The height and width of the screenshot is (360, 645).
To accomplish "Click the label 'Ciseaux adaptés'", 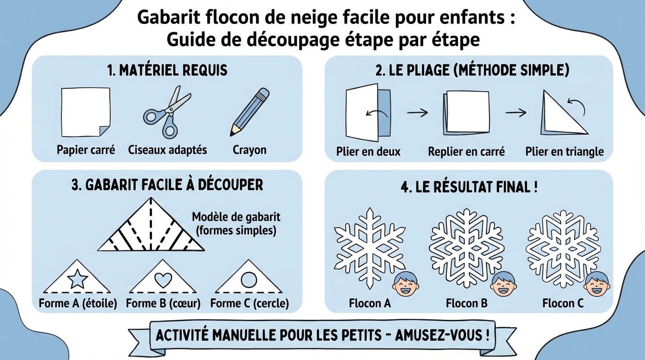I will (x=167, y=150).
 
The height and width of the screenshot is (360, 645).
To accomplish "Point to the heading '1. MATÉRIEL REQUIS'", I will (x=167, y=70).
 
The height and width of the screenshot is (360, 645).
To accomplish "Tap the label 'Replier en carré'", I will (x=466, y=151).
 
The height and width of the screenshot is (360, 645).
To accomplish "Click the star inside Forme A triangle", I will (x=77, y=280).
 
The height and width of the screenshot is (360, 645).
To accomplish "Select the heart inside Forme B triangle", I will (x=163, y=280).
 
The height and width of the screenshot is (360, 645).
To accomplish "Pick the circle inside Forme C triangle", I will (x=249, y=280).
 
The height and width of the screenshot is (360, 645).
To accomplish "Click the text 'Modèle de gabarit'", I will (x=236, y=217).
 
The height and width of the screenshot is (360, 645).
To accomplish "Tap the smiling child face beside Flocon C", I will (x=597, y=284).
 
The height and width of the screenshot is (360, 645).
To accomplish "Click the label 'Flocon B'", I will (x=466, y=303).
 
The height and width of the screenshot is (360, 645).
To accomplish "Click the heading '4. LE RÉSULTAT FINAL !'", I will (x=469, y=187).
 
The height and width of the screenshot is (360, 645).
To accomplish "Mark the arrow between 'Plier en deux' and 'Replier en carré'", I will (x=417, y=112).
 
